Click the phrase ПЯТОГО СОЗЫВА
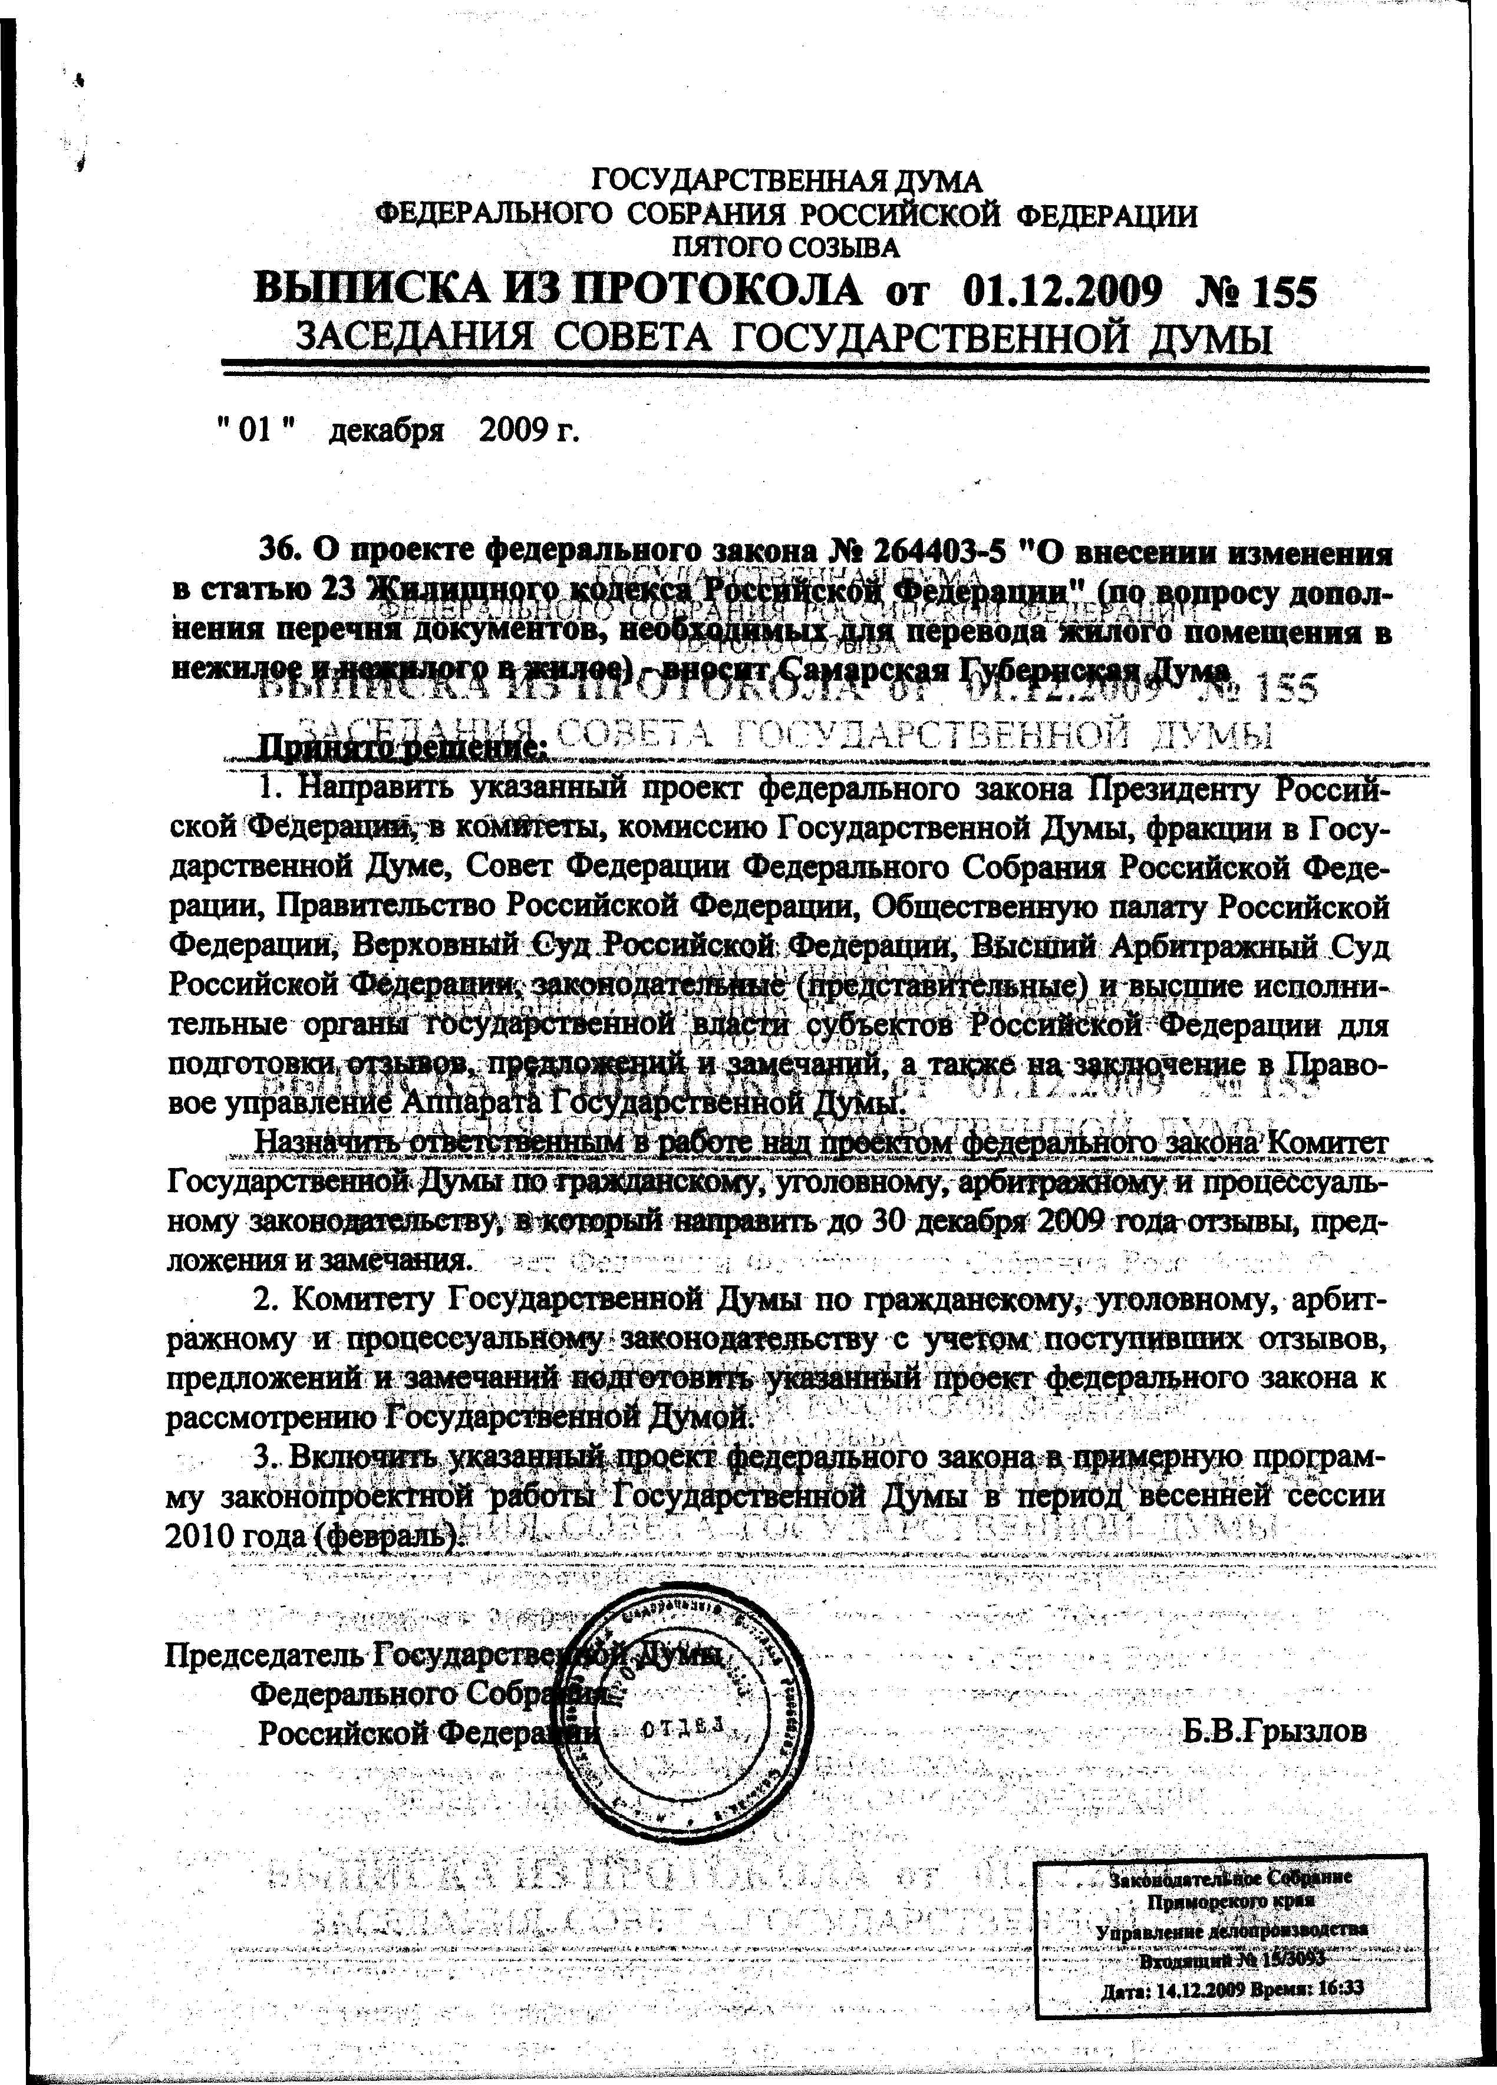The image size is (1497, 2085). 787,248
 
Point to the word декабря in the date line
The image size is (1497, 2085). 386,430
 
